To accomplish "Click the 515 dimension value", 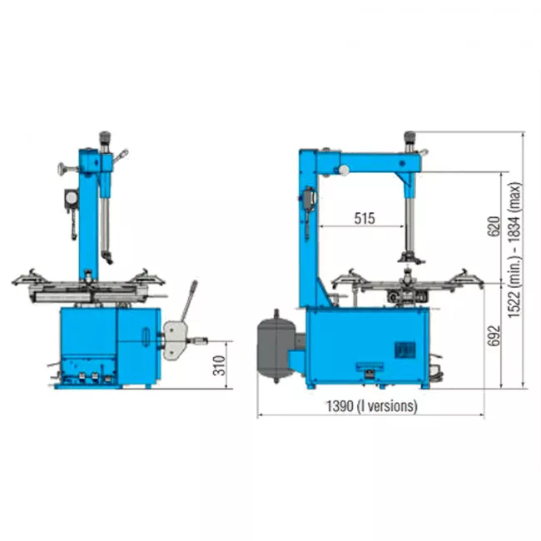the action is pyautogui.click(x=365, y=218).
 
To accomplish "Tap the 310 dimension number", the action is pyautogui.click(x=219, y=365).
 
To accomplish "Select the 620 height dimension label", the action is pyautogui.click(x=494, y=226).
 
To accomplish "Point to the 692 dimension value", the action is pyautogui.click(x=494, y=335).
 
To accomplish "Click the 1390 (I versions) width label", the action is pyautogui.click(x=372, y=406).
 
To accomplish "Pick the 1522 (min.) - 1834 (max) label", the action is pyautogui.click(x=514, y=251).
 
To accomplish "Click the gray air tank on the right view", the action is pyautogui.click(x=276, y=346).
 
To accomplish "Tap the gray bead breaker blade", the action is pyautogui.click(x=175, y=340).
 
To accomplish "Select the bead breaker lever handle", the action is pyautogui.click(x=190, y=300).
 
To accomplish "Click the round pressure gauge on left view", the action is pyautogui.click(x=71, y=198).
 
